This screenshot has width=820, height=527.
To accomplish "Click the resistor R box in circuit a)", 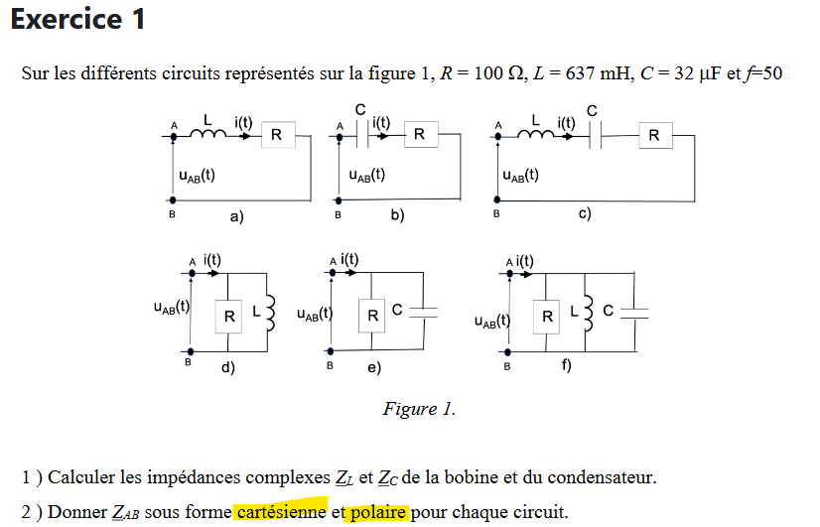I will (276, 135).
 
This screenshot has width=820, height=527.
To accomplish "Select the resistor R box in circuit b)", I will (420, 134).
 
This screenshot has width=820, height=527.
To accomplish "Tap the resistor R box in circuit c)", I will (654, 134).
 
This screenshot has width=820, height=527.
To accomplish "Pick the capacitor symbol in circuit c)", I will (597, 134).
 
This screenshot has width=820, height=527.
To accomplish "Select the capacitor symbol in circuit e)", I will (424, 312).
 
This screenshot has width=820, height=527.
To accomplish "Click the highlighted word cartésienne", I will (281, 512).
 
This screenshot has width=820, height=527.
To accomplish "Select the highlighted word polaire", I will (377, 512).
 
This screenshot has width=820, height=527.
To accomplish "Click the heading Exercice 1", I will (78, 19).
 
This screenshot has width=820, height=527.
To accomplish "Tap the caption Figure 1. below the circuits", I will (419, 409).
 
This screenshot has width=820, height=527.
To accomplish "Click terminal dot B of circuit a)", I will (174, 199).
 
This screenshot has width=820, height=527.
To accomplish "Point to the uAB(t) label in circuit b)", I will (366, 175).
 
